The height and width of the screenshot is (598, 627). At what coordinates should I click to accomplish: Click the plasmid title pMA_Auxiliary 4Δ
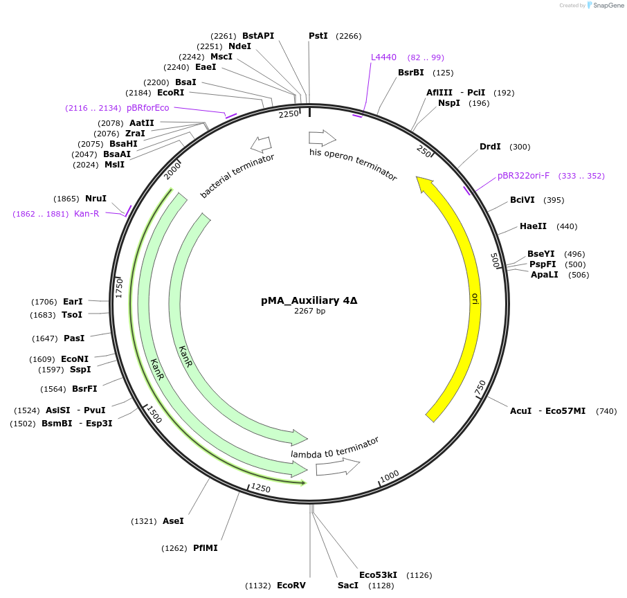309,300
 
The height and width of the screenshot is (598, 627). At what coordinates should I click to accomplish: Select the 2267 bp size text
309,311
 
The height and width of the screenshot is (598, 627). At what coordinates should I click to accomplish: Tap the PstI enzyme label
318,36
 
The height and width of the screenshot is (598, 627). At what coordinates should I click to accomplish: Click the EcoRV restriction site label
291,586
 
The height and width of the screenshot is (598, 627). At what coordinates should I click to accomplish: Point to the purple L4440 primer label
383,57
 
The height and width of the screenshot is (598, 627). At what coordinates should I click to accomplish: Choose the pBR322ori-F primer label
523,176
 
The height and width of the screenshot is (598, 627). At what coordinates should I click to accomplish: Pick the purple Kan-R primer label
87,214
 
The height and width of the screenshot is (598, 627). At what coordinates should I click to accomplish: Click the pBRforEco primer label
147,108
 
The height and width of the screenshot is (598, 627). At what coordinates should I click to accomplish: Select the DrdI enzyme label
490,147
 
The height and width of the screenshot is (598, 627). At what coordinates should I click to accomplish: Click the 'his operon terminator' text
353,165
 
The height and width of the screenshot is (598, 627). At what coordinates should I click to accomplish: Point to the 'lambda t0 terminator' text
335,447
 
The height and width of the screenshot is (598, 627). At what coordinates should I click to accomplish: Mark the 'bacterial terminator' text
237,176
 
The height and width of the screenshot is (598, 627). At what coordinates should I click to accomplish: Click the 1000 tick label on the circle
390,475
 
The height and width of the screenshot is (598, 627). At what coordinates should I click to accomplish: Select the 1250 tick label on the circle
261,489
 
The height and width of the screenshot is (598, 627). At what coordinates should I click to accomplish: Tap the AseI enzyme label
173,521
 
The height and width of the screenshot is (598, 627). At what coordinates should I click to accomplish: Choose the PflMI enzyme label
206,548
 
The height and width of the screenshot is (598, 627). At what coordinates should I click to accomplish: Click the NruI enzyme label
96,199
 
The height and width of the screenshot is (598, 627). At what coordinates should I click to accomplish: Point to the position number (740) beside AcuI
606,411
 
